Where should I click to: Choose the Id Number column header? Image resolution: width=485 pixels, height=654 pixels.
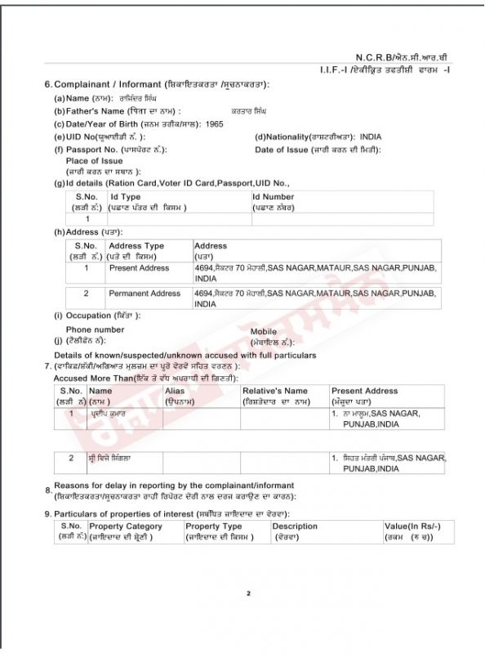273,197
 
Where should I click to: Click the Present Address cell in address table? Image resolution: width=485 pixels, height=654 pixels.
139,268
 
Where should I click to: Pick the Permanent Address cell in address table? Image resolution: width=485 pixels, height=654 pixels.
145,293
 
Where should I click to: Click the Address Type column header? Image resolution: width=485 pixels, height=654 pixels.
136,246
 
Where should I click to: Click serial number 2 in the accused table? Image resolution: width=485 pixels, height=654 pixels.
71,459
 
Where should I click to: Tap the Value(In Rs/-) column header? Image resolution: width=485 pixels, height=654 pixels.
412,526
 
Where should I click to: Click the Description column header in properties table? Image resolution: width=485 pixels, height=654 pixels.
295,526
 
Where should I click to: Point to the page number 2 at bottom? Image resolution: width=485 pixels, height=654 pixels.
248,594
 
